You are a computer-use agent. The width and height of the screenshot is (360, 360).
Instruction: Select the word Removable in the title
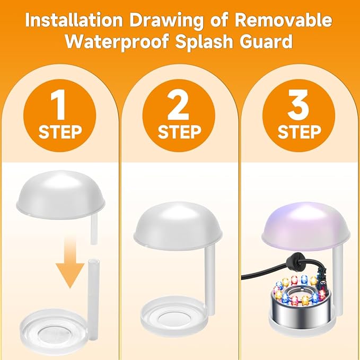286,22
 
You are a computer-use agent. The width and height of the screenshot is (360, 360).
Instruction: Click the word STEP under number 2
180,131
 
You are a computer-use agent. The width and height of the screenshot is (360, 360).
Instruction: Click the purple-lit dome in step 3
301,223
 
